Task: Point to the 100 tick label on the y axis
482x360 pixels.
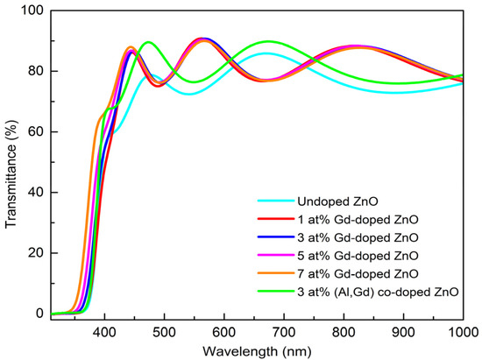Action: click(x=32, y=11)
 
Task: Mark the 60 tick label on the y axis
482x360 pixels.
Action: click(x=35, y=131)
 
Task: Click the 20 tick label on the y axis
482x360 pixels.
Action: click(x=35, y=252)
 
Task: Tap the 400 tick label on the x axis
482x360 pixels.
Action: click(x=104, y=330)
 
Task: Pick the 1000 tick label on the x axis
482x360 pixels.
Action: click(x=462, y=330)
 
